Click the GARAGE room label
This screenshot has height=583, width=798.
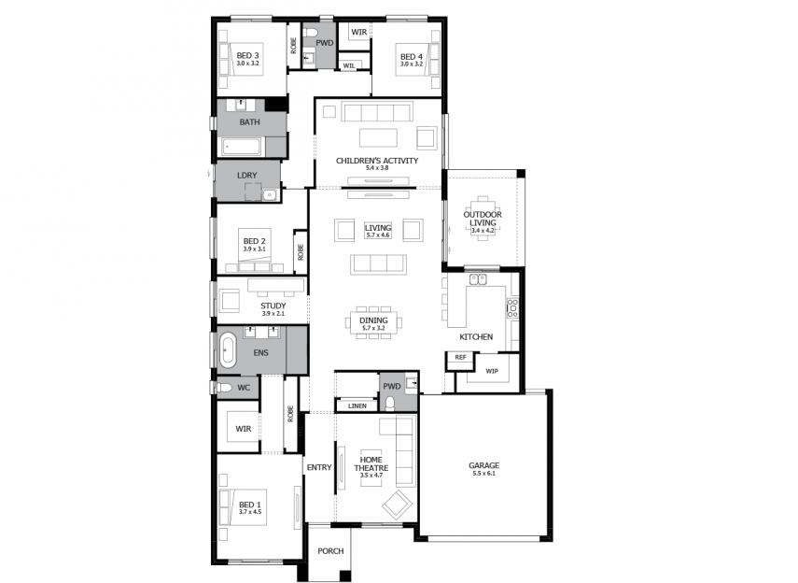[x=483, y=465]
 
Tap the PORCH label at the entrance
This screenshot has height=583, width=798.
[x=330, y=551]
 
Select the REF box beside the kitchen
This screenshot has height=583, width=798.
[x=460, y=357]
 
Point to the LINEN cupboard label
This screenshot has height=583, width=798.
[x=357, y=406]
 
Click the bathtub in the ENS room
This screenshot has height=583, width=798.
[x=228, y=350]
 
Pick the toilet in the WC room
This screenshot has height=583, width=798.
[x=224, y=388]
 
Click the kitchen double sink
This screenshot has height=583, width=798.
[x=478, y=279]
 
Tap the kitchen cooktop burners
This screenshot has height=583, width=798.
[x=512, y=308]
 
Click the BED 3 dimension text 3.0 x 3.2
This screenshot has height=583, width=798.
[x=248, y=64]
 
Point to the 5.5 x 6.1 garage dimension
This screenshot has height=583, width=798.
[x=483, y=474]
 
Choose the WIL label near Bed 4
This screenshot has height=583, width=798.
[x=349, y=65]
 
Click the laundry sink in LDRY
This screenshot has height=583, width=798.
[x=270, y=194]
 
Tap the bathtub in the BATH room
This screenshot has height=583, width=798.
[x=241, y=147]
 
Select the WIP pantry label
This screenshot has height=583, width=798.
[x=492, y=371]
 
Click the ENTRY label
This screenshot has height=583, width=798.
[x=319, y=467]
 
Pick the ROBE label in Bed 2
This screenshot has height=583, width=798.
[x=301, y=252]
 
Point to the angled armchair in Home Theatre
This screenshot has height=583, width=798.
[x=398, y=505]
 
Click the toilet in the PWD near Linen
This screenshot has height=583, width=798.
[x=390, y=404]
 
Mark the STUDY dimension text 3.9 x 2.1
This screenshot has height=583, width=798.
[x=273, y=314]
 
